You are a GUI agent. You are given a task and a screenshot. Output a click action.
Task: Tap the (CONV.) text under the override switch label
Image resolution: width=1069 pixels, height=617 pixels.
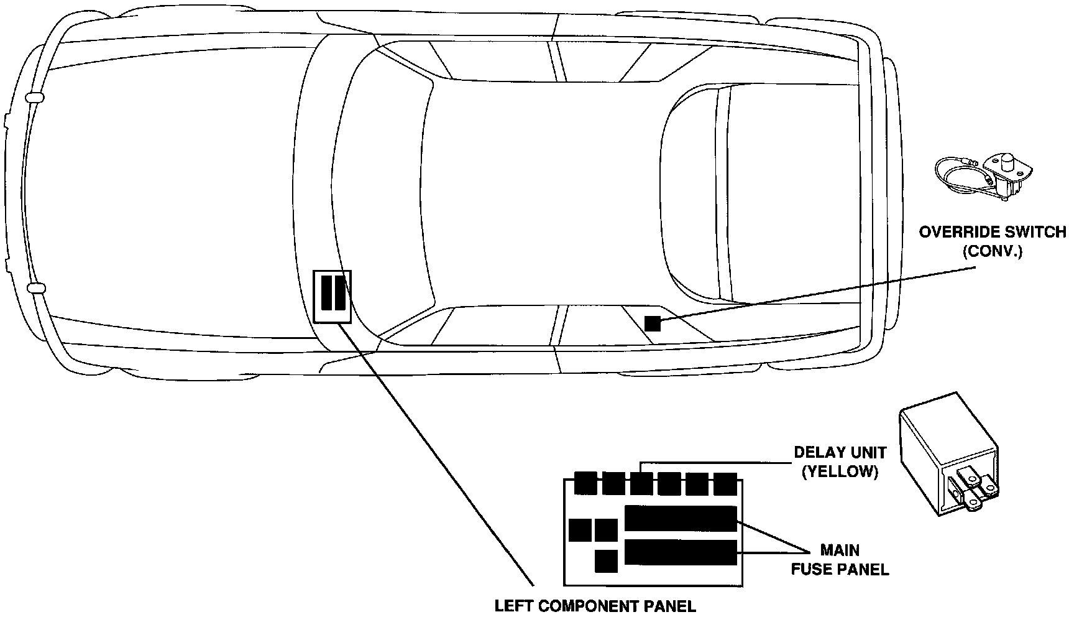[992, 253]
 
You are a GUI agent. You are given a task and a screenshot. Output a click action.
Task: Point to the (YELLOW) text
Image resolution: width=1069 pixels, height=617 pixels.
[840, 472]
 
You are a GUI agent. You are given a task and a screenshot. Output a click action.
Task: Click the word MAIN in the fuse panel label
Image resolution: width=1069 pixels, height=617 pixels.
[840, 550]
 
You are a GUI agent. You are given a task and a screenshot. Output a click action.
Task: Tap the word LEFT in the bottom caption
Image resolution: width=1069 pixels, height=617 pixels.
[515, 605]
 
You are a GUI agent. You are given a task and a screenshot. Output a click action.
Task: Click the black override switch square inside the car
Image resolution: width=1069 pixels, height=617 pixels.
[653, 323]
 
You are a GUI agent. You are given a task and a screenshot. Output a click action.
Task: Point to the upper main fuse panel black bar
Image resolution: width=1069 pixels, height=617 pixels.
[681, 518]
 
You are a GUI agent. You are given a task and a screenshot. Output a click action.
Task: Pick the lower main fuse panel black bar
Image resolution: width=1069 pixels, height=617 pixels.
[681, 552]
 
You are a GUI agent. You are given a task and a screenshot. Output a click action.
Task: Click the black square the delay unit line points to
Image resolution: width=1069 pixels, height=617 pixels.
[642, 483]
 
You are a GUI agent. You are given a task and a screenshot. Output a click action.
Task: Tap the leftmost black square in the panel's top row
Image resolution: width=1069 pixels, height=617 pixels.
[585, 483]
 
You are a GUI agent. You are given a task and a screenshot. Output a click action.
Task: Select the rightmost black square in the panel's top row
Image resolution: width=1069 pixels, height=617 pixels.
[725, 483]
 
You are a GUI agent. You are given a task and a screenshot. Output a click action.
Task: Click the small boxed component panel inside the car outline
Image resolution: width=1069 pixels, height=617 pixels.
[333, 296]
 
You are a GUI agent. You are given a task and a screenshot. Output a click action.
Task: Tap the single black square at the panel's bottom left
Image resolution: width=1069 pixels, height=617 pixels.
[606, 561]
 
